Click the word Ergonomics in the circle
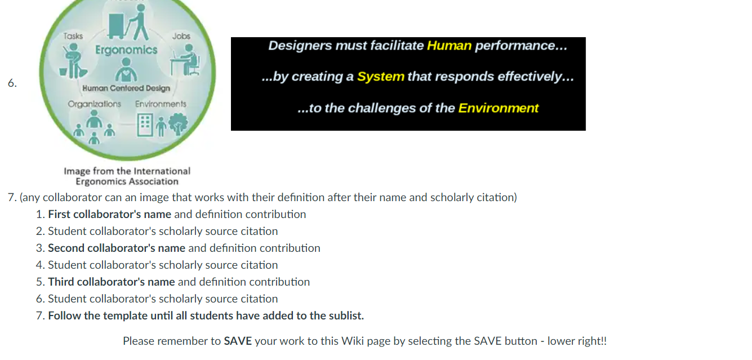126,50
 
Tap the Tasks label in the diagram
73,36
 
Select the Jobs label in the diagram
181,36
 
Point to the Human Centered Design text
126,88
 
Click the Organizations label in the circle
94,104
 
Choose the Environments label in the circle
161,104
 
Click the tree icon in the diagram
178,125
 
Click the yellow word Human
449,46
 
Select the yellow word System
381,77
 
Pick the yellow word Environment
498,108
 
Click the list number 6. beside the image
12,83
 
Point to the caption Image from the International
127,171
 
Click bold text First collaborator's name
109,215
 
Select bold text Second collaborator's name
117,248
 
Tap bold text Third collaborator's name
112,282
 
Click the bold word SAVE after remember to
238,341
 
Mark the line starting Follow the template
206,316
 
